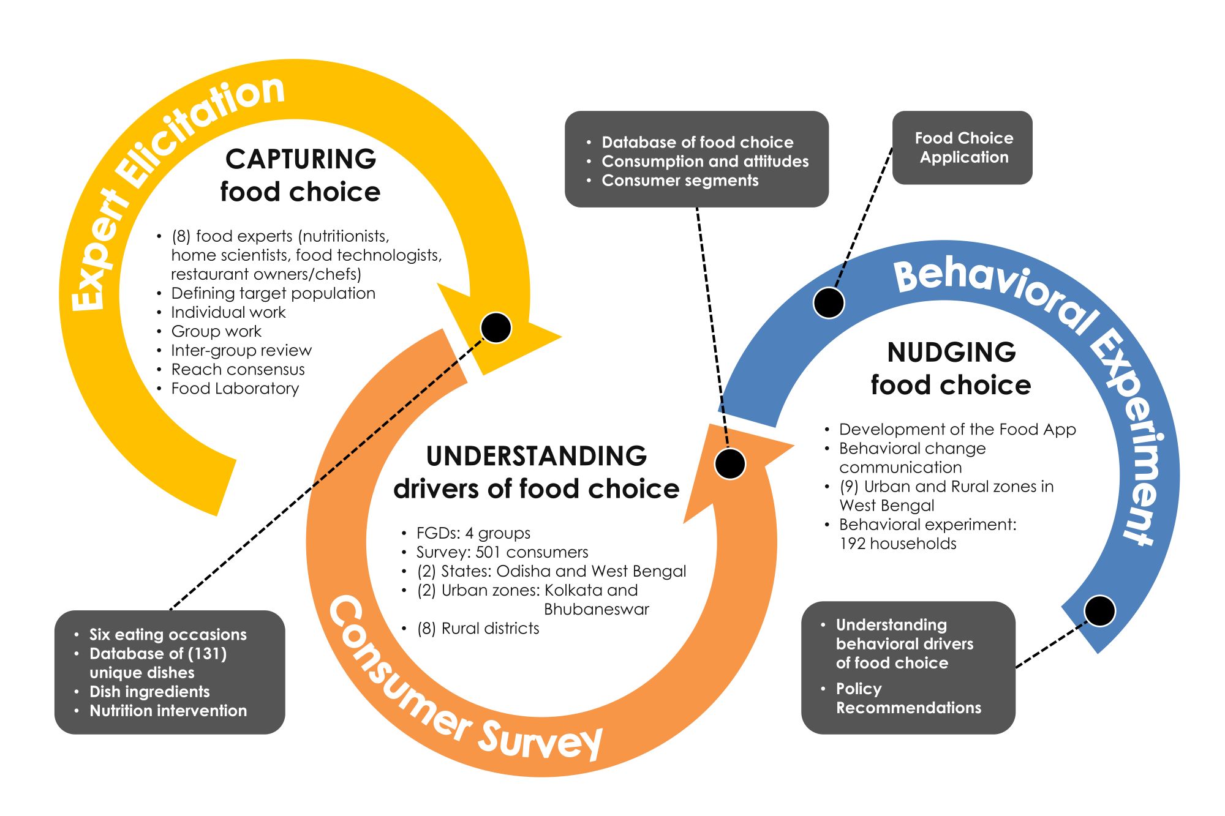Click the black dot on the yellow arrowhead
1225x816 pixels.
pyautogui.click(x=496, y=328)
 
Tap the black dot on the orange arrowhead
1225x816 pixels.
pyautogui.click(x=730, y=463)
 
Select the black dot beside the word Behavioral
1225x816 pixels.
pyautogui.click(x=829, y=302)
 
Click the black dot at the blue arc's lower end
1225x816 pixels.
pyautogui.click(x=1100, y=611)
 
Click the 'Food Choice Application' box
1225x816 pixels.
pyautogui.click(x=962, y=148)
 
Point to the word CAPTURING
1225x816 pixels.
pyautogui.click(x=301, y=159)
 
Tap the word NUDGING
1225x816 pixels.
pyautogui.click(x=951, y=353)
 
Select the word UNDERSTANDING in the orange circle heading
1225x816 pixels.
pyautogui.click(x=537, y=456)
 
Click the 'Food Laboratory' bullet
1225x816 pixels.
pyautogui.click(x=235, y=389)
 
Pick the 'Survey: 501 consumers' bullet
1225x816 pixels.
pyautogui.click(x=502, y=552)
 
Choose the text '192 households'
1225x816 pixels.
pyautogui.click(x=898, y=544)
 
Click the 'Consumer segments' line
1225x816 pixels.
pyautogui.click(x=680, y=181)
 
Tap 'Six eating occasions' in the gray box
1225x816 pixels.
pyautogui.click(x=168, y=635)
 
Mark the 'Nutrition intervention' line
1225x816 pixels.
pyautogui.click(x=168, y=711)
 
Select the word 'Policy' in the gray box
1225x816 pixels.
pyautogui.click(x=859, y=689)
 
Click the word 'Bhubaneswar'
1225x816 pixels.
pyautogui.click(x=597, y=610)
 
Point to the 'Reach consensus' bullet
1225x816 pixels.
pyautogui.click(x=238, y=370)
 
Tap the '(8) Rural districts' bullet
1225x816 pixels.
pyautogui.click(x=478, y=629)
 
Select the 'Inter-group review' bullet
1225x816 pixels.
pyautogui.click(x=241, y=351)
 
